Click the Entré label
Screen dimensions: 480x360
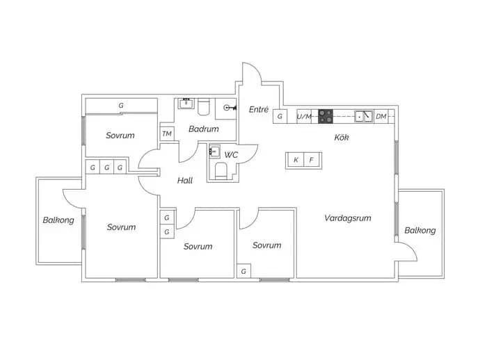[x=259, y=109]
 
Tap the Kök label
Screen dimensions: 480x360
[x=342, y=138]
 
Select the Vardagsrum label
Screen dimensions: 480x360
[x=348, y=218]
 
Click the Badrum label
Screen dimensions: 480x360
[x=204, y=129]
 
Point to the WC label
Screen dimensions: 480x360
[x=231, y=155]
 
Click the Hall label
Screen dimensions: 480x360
[x=185, y=181]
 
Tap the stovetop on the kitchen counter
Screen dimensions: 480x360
[x=326, y=116]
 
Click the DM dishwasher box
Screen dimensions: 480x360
[x=381, y=116]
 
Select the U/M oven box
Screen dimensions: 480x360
[x=304, y=116]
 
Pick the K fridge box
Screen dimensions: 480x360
[x=295, y=160]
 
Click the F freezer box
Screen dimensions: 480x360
[x=312, y=160]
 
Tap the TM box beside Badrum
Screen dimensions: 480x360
[x=167, y=133]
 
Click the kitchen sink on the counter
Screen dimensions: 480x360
[x=364, y=116]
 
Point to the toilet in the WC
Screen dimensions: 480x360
[x=221, y=171]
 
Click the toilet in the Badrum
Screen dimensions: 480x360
[x=203, y=107]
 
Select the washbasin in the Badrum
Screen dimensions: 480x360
[x=186, y=104]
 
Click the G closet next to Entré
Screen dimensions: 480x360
[x=280, y=116]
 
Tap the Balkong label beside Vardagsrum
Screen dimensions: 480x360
[x=420, y=230]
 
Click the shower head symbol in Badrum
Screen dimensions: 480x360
[x=230, y=108]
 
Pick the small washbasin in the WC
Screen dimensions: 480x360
[x=214, y=151]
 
